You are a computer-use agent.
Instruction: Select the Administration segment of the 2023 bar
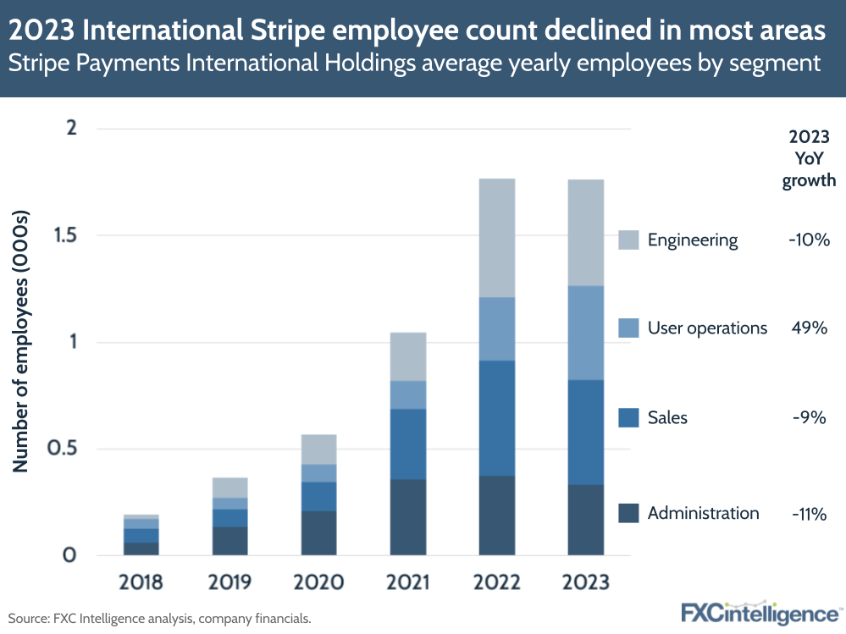(x=585, y=520)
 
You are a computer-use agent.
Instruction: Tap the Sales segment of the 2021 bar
(x=407, y=444)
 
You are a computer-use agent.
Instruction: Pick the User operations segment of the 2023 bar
(x=585, y=333)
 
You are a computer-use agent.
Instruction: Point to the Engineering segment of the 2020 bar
(x=318, y=449)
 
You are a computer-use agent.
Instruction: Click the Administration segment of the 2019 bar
(x=229, y=541)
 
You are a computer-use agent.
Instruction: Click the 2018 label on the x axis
(x=141, y=583)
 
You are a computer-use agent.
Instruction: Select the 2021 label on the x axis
(x=407, y=583)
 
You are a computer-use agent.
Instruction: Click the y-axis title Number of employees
(x=23, y=343)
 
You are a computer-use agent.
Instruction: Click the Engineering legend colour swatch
(x=628, y=240)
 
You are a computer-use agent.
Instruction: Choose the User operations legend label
(x=707, y=328)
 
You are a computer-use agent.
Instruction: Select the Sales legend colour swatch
(x=628, y=418)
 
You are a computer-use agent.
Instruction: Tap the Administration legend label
(x=703, y=513)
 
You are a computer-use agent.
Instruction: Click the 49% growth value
(x=808, y=328)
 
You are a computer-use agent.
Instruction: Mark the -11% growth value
(x=808, y=513)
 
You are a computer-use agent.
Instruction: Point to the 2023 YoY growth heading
(x=808, y=158)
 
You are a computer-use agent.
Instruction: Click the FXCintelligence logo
(x=761, y=612)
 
